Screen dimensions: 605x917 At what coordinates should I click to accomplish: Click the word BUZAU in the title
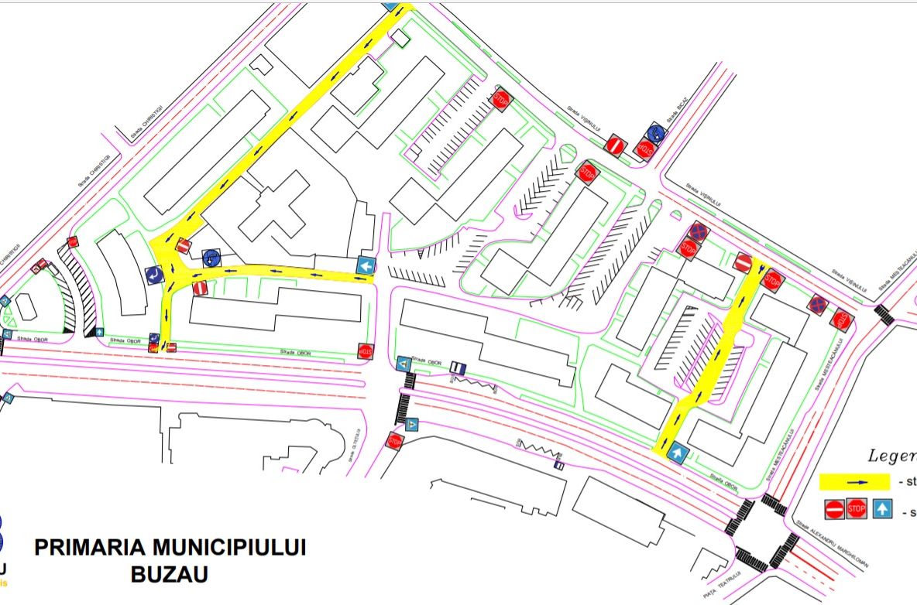(x=170, y=576)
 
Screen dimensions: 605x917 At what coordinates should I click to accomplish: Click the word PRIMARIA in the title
(x=89, y=548)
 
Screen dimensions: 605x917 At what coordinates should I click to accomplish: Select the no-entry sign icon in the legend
(x=834, y=510)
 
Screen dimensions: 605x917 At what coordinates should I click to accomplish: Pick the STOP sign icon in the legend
(x=856, y=510)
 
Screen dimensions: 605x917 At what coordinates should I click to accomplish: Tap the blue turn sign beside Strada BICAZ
(x=656, y=132)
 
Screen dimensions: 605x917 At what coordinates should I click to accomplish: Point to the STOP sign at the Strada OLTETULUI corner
(x=395, y=442)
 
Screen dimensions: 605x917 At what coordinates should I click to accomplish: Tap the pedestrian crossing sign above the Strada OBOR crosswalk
(x=404, y=363)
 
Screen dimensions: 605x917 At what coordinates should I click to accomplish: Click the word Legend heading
(x=891, y=456)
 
